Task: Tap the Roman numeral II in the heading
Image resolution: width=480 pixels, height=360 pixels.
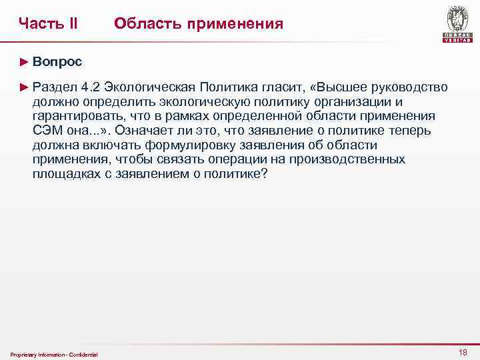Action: [73, 24]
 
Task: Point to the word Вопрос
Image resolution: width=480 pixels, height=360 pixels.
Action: [57, 61]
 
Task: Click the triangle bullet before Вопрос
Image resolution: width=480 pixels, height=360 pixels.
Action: [25, 61]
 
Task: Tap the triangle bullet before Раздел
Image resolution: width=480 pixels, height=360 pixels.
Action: [25, 87]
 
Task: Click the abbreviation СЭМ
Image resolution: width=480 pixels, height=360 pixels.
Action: [47, 131]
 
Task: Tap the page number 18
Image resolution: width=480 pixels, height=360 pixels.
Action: [463, 352]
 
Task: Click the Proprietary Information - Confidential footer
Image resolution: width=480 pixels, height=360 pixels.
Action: [54, 354]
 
